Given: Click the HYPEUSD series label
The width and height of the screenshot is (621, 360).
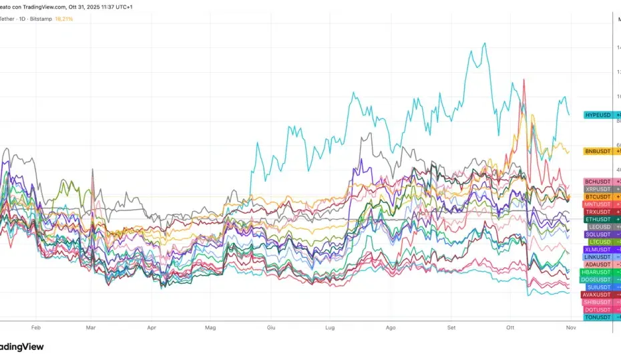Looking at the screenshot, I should (x=598, y=115).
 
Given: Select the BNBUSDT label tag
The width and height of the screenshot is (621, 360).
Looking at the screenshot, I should (x=598, y=152).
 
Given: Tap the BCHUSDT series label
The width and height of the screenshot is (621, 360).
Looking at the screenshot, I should (x=598, y=182).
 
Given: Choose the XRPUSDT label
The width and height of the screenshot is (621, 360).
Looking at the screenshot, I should (x=598, y=190).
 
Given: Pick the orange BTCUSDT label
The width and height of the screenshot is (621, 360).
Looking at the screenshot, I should (x=598, y=197).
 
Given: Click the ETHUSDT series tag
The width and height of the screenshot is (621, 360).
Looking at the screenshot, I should (x=598, y=220).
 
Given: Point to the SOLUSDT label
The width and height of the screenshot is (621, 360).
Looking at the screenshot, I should (x=598, y=234).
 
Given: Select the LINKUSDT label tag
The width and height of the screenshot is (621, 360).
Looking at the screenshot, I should (x=598, y=257).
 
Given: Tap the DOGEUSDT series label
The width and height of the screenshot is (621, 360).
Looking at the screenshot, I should (x=596, y=280).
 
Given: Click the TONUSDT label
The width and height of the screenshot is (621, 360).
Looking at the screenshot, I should (x=598, y=317).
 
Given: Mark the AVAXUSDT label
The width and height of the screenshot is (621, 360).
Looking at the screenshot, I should (x=596, y=295).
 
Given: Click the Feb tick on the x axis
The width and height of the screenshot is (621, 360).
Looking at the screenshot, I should (x=36, y=328).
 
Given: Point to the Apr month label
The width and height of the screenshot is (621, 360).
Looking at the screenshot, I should (x=152, y=328).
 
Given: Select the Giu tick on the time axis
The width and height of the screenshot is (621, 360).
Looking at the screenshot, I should (x=271, y=328).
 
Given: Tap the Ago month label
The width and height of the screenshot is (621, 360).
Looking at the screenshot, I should (x=391, y=328).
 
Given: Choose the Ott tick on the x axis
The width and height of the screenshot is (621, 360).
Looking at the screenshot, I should (x=511, y=328).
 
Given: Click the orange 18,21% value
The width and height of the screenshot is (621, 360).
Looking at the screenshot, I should (x=63, y=19).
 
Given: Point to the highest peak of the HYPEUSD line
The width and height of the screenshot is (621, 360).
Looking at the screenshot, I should (x=485, y=43).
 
